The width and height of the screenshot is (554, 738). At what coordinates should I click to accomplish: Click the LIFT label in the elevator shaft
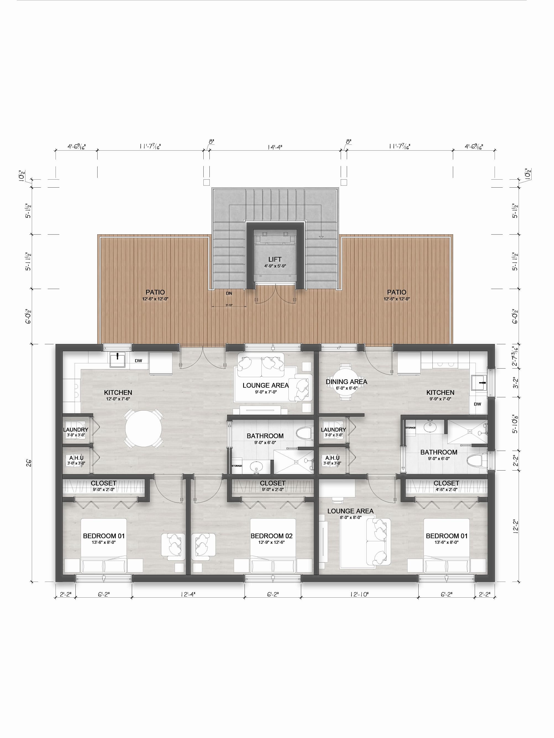[275, 259]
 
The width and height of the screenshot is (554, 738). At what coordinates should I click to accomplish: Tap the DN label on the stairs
[229, 293]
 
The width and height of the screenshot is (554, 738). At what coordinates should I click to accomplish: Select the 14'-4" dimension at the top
[275, 147]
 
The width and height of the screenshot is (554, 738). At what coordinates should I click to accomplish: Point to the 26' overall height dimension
[29, 463]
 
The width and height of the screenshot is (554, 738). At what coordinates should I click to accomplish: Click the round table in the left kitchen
[143, 429]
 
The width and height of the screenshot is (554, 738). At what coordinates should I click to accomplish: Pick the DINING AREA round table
[346, 382]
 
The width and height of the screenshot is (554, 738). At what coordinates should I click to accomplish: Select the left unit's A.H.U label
[76, 458]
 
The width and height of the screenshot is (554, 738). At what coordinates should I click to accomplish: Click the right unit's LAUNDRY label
[334, 430]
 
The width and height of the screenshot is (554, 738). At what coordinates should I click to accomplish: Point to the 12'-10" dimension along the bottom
[359, 594]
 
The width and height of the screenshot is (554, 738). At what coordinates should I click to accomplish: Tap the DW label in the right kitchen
[477, 404]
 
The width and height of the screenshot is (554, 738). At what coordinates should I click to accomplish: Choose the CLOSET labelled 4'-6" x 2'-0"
[446, 484]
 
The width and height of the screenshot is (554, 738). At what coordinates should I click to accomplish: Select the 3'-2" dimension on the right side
[516, 383]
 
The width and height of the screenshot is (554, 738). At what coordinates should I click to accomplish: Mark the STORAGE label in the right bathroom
[411, 428]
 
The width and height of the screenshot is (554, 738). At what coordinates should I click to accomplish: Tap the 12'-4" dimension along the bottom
[188, 594]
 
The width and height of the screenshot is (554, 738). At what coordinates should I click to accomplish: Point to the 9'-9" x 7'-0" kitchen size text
[440, 399]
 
